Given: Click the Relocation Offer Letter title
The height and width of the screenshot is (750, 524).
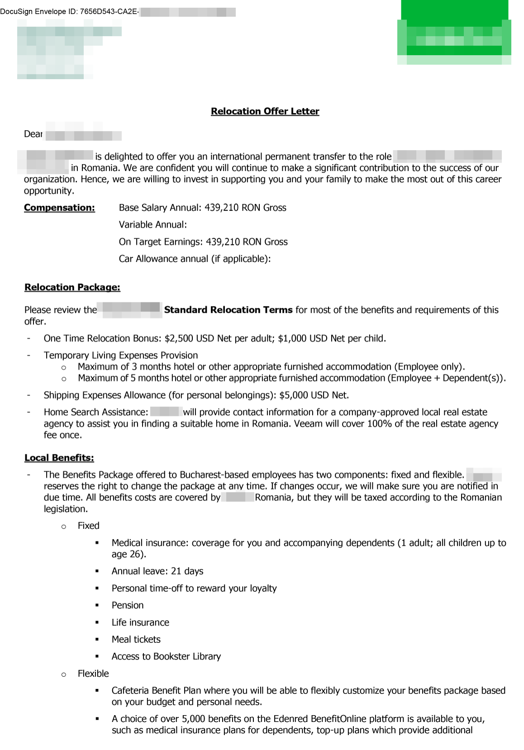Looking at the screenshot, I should pyautogui.click(x=265, y=111).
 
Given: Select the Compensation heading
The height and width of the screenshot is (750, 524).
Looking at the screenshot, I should pyautogui.click(x=59, y=208).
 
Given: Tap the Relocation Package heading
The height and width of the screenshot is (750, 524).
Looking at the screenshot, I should pyautogui.click(x=72, y=287).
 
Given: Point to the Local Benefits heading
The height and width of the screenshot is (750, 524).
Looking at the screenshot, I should pyautogui.click(x=59, y=458).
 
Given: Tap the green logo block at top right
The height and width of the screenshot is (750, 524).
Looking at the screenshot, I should pyautogui.click(x=454, y=33).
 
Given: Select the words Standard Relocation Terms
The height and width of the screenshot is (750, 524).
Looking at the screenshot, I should pyautogui.click(x=228, y=310).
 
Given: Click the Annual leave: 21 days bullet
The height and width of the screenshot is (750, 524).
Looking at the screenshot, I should pyautogui.click(x=157, y=571).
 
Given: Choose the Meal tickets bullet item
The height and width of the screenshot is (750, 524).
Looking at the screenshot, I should pyautogui.click(x=136, y=639).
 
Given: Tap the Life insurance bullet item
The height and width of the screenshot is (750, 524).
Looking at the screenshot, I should pyautogui.click(x=140, y=622).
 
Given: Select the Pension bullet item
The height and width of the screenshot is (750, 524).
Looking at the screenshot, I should pyautogui.click(x=128, y=605).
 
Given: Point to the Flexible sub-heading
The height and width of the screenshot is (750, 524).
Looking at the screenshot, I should pyautogui.click(x=93, y=674).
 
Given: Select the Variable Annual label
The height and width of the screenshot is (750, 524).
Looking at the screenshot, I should pyautogui.click(x=152, y=225).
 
